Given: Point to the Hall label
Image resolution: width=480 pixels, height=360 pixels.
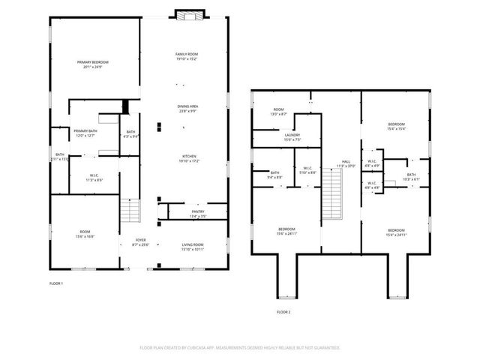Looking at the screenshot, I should pyautogui.click(x=346, y=163).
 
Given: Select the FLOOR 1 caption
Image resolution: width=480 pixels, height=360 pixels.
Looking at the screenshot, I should pyautogui.click(x=56, y=283).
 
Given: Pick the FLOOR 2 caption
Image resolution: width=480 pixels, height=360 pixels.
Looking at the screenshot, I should pyautogui.click(x=283, y=311).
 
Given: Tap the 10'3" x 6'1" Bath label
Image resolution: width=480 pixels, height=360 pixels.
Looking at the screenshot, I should pyautogui.click(x=411, y=177).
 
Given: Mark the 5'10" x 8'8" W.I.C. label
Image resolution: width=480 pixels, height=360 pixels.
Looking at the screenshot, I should pyautogui.click(x=307, y=170).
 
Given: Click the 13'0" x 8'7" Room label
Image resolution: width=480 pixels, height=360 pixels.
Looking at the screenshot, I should pyautogui.click(x=279, y=112).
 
